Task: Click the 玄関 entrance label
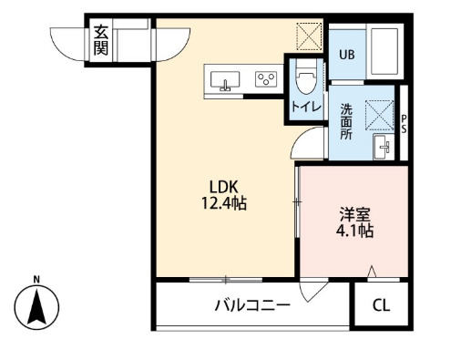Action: (x=100, y=40)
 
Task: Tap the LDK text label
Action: (x=223, y=187)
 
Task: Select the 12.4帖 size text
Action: (x=224, y=203)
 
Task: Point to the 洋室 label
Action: (x=354, y=214)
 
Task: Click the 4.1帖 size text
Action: (x=354, y=231)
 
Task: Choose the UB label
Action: (x=347, y=55)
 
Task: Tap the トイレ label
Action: (x=306, y=107)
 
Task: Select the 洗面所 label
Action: (x=346, y=121)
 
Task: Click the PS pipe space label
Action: (x=404, y=124)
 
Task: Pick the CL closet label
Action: (x=381, y=305)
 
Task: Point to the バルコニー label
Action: (x=252, y=305)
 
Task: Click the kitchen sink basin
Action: (x=225, y=80)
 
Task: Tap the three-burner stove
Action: (x=266, y=79)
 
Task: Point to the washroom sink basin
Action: (x=384, y=147)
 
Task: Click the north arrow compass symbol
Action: (x=36, y=307)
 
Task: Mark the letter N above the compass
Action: (x=36, y=279)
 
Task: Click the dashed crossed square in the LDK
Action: (x=309, y=36)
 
